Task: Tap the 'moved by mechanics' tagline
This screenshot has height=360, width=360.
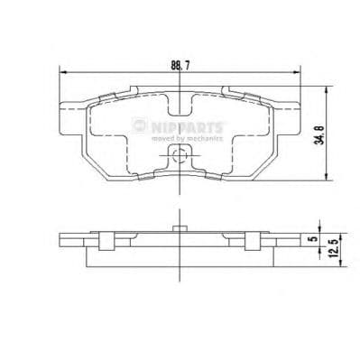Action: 187,140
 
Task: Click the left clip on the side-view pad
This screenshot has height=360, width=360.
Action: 106,239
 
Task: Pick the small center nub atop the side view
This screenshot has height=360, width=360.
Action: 179,227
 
